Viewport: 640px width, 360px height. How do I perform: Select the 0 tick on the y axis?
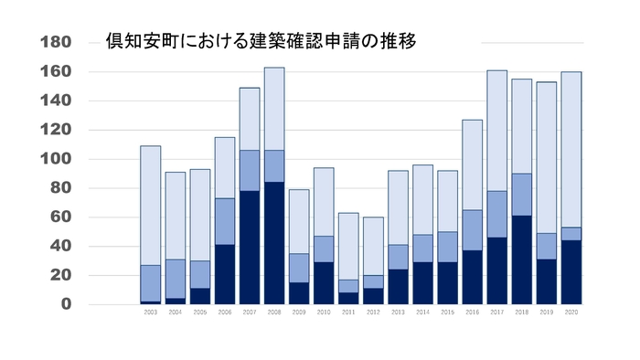[65, 304]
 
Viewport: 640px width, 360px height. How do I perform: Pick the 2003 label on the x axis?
[151, 312]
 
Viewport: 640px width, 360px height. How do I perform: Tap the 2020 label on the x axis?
[571, 312]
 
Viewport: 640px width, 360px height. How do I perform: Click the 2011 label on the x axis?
[348, 312]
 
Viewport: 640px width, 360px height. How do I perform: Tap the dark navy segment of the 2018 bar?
[521, 259]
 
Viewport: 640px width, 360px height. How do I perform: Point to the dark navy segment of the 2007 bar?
[250, 247]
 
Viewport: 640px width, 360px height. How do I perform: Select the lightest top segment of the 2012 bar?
[373, 246]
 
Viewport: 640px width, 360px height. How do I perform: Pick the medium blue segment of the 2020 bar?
[571, 234]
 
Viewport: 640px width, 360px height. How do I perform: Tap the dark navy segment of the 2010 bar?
[324, 282]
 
